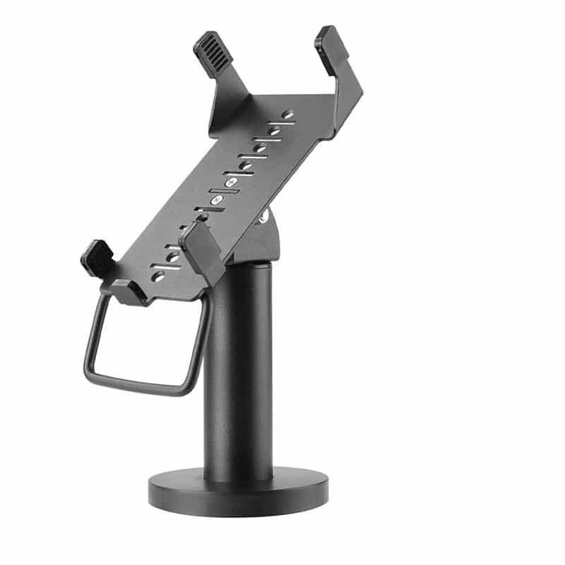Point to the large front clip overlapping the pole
(x=201, y=251)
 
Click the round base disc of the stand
(x=238, y=487)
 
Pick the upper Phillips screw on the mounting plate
(x=231, y=182)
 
